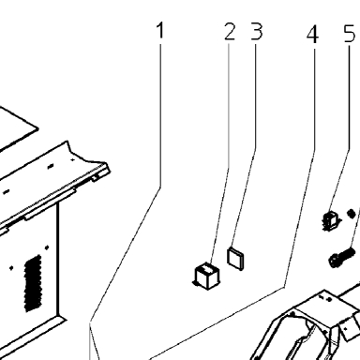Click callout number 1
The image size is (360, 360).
pyautogui.click(x=160, y=30)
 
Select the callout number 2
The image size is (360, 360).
pyautogui.click(x=230, y=32)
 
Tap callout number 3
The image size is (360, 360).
pyautogui.click(x=257, y=32)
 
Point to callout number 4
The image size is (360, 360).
pyautogui.click(x=312, y=35)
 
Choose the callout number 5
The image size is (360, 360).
pyautogui.click(x=350, y=34)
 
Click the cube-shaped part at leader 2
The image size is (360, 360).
pyautogui.click(x=206, y=276)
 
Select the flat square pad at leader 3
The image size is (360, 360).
pyautogui.click(x=235, y=258)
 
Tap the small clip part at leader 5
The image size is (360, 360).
pyautogui.click(x=331, y=221)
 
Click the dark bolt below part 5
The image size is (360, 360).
pyautogui.click(x=341, y=257)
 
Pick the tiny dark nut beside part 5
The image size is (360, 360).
pyautogui.click(x=352, y=214)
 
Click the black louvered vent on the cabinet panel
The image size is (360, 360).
pyautogui.click(x=33, y=283)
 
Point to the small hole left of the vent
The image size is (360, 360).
pyautogui.click(x=11, y=268)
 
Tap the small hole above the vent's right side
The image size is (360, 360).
pyautogui.click(x=47, y=247)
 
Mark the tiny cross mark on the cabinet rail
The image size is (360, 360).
pyautogui.click(x=73, y=159)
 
